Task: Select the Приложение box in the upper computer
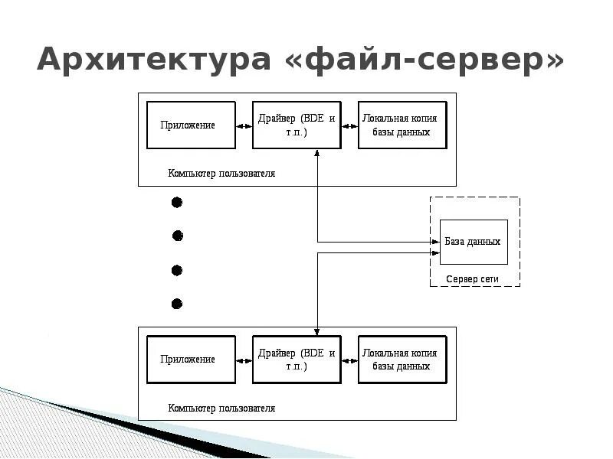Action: pos(191,125)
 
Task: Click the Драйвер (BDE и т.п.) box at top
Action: pos(297,125)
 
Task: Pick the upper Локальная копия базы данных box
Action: pos(402,125)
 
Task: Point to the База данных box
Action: pos(474,242)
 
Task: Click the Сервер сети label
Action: pos(473,279)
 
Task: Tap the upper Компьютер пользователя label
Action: pos(221,174)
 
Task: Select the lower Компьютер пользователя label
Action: pos(221,409)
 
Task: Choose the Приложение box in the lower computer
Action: pos(191,359)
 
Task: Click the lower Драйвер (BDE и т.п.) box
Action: pos(297,359)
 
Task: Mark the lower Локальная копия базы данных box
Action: pos(402,359)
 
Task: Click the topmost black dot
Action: pos(177,203)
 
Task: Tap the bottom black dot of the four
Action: pos(177,304)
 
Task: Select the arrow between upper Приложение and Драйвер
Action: pos(244,125)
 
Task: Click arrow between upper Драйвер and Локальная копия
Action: pos(349,125)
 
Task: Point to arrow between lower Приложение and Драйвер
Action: pos(244,360)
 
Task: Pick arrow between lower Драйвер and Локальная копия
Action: pos(349,360)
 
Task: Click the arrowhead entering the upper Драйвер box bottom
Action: pos(317,152)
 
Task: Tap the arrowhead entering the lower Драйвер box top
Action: pos(317,331)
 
